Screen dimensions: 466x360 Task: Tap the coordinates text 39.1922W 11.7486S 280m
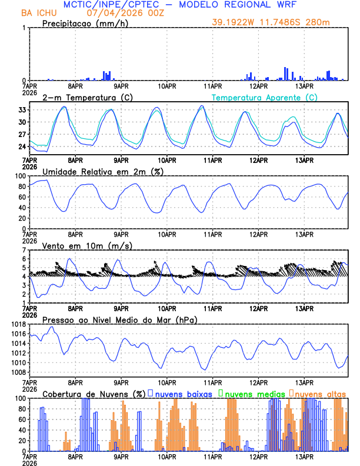(x=280, y=23)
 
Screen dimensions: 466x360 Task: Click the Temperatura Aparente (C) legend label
(x=265, y=97)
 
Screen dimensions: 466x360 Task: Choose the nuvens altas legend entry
(x=321, y=393)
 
